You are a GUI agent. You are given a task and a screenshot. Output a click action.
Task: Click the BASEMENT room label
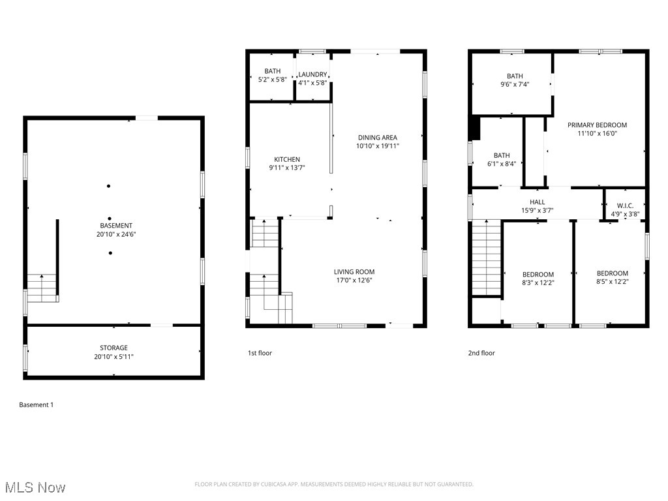(114, 225)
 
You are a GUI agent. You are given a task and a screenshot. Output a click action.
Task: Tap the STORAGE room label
(114, 348)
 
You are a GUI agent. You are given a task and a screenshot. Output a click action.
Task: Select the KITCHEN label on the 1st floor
(287, 159)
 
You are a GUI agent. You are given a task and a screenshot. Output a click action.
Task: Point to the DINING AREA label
(377, 138)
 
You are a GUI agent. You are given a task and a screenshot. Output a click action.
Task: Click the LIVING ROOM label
(354, 272)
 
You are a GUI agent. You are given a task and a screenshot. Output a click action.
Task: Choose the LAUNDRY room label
(312, 74)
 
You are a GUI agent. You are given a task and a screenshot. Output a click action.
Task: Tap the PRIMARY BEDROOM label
(597, 125)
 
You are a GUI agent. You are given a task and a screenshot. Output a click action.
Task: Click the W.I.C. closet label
(625, 205)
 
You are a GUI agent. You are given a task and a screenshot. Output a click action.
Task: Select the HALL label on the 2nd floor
(537, 202)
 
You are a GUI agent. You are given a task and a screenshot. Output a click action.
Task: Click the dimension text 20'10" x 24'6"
(114, 234)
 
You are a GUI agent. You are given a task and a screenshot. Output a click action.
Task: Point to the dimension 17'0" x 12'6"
(354, 281)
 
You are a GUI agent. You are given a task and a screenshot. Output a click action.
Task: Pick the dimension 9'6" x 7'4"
(515, 84)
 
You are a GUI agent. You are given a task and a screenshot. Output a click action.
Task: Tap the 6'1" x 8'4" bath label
(502, 164)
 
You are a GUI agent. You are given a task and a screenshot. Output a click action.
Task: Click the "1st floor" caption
(260, 353)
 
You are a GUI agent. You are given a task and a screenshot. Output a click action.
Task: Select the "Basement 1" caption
(37, 405)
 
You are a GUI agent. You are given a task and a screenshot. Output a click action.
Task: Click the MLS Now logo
(35, 487)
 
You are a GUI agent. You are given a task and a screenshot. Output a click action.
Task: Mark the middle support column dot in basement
(110, 219)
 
